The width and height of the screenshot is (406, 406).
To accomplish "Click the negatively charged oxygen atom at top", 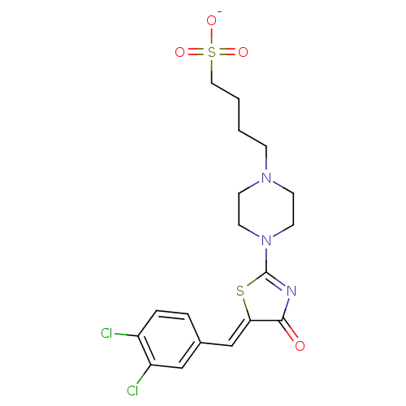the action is coord(211,20).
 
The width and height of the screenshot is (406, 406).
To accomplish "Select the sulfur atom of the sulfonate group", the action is coord(212,52).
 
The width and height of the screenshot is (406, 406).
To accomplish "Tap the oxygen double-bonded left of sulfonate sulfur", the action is coord(179,52).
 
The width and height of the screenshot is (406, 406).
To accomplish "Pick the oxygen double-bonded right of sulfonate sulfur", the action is coord(243,52).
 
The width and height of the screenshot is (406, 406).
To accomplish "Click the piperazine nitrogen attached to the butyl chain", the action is coord(266,178).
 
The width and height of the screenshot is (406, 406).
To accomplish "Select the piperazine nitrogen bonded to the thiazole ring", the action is coord(266,240).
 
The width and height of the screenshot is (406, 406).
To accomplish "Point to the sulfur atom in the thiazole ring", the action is coord(240,291).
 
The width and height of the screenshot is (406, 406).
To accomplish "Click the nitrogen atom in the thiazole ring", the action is coord(292,291).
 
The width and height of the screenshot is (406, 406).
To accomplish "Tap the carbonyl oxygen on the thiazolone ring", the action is coord(300,346).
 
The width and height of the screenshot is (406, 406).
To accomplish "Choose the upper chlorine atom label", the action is coord(106,333).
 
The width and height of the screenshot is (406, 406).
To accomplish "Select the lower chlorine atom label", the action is coord(132,391).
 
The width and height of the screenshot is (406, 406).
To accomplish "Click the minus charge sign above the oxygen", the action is coord(220,12).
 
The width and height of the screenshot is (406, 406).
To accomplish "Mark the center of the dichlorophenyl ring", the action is coord(169,339).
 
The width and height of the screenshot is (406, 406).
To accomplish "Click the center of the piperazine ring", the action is coord(266,209).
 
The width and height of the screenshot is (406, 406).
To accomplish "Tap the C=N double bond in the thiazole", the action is coord(278,280).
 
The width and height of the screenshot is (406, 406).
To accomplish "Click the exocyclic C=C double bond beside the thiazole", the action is coord(240,334).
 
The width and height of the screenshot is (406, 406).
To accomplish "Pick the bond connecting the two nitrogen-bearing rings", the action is coord(266,259).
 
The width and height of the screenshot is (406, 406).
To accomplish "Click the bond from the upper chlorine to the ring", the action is coord(126,335).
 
